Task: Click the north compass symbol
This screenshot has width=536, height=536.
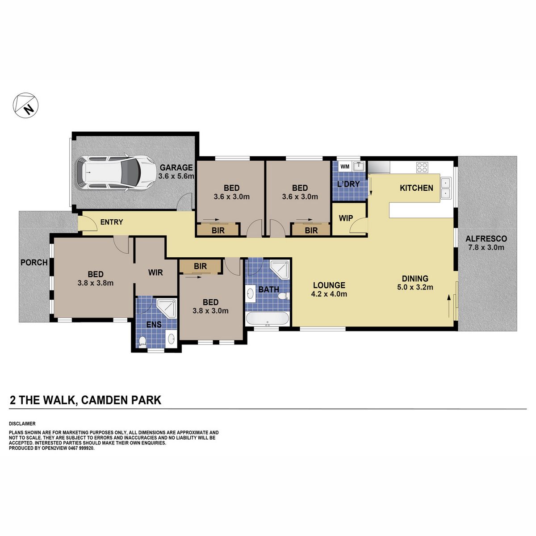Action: [25, 105]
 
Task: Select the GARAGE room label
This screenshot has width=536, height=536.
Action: [176, 167]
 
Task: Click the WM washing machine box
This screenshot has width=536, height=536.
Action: [345, 167]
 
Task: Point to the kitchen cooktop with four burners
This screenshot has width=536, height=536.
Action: [422, 167]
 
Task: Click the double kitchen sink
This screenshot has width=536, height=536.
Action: [446, 188]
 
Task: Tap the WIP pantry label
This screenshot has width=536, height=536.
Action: [346, 218]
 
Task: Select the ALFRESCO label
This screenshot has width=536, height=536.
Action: [486, 239]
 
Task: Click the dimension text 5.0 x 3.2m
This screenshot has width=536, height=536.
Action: [415, 287]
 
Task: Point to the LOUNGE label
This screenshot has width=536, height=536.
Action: [329, 285]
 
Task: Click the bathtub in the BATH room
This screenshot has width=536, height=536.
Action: [267, 318]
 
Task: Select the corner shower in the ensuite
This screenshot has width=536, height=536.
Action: [167, 308]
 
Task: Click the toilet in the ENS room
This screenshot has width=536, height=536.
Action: [142, 341]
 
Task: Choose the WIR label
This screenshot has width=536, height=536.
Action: [155, 272]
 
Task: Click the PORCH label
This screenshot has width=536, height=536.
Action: [34, 262]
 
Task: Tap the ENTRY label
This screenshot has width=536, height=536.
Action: [112, 222]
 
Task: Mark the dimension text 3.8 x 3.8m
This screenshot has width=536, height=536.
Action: [96, 283]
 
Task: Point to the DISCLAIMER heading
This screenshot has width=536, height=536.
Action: [22, 423]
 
